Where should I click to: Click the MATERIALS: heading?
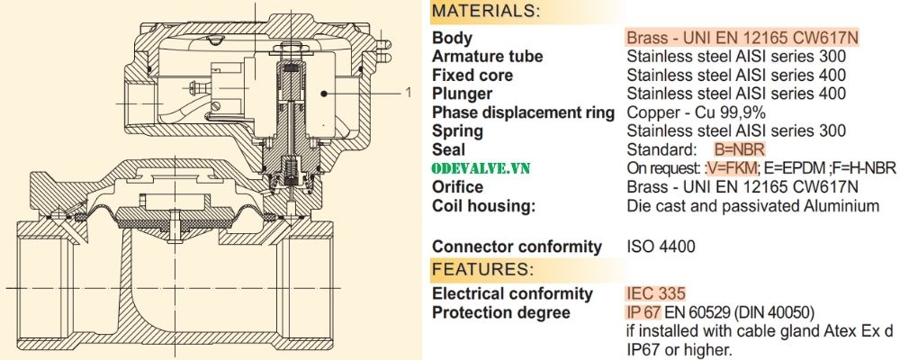[x=486, y=12]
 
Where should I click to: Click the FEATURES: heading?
[x=481, y=269]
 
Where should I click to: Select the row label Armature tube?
[x=487, y=57]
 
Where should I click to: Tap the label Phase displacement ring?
[x=523, y=112]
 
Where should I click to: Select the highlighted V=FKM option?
[x=730, y=168]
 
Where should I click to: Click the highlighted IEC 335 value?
[x=655, y=293]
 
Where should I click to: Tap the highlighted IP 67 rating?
[x=643, y=312]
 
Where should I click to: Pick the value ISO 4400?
[x=661, y=246]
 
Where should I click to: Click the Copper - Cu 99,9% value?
[x=696, y=112]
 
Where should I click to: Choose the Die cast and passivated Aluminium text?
[x=752, y=206]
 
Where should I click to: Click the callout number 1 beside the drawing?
[x=408, y=92]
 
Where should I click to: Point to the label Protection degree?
[x=500, y=312]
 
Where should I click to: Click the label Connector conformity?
[x=517, y=246]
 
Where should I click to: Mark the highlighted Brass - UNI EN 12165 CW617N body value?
[x=742, y=38]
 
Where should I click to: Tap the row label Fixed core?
[x=472, y=75]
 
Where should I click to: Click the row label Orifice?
[x=457, y=187]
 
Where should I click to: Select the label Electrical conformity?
[x=512, y=293]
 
